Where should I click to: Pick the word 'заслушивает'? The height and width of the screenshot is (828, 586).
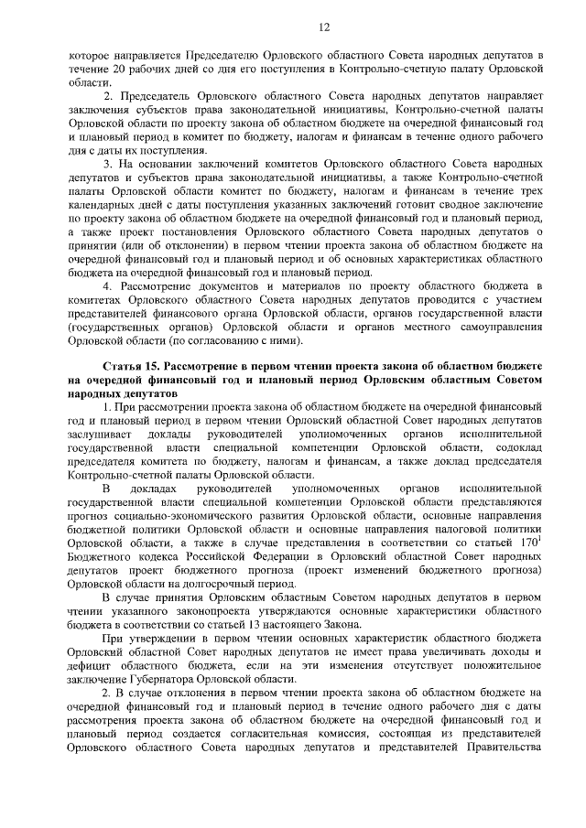(x=100, y=435)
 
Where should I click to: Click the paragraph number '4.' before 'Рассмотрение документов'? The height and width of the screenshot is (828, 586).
(x=109, y=287)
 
